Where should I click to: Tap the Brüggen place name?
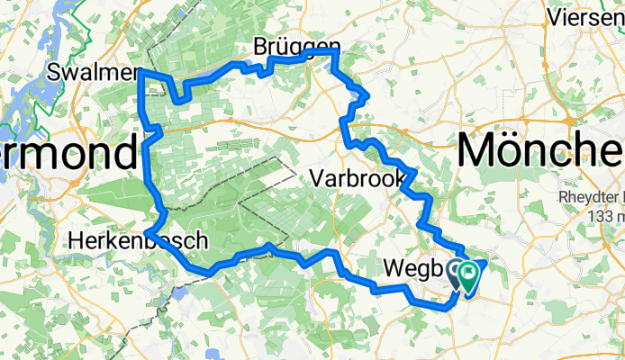click(x=285, y=46)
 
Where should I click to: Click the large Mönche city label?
click(x=540, y=148)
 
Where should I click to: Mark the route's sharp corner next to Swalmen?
click(x=140, y=69)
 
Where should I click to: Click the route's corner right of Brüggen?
click(x=336, y=52)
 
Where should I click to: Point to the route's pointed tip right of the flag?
click(x=486, y=262)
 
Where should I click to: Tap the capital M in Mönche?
click(x=481, y=148)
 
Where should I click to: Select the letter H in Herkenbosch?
click(x=77, y=241)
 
